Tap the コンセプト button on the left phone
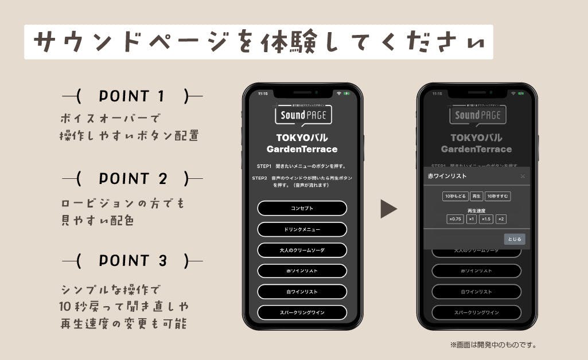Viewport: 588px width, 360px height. click(302, 208)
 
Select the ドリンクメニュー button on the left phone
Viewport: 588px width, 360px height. click(302, 229)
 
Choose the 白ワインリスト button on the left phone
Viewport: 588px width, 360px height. click(302, 292)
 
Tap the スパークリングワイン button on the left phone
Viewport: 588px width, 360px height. click(302, 312)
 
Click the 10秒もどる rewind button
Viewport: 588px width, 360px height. click(455, 196)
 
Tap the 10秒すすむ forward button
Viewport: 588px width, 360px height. click(497, 196)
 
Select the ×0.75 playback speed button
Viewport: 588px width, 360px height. click(455, 219)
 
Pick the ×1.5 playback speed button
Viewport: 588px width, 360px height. click(486, 219)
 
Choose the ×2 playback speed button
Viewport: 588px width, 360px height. click(501, 219)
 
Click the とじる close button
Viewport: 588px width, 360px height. click(514, 239)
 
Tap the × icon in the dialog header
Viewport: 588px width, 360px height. click(522, 176)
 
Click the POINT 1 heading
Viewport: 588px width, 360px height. click(132, 96)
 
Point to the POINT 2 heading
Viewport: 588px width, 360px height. click(132, 179)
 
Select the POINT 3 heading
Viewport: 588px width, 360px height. click(132, 261)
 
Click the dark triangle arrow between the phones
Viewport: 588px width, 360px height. click(388, 209)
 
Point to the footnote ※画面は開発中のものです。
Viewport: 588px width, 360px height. click(493, 345)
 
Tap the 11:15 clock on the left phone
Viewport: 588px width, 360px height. click(262, 93)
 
